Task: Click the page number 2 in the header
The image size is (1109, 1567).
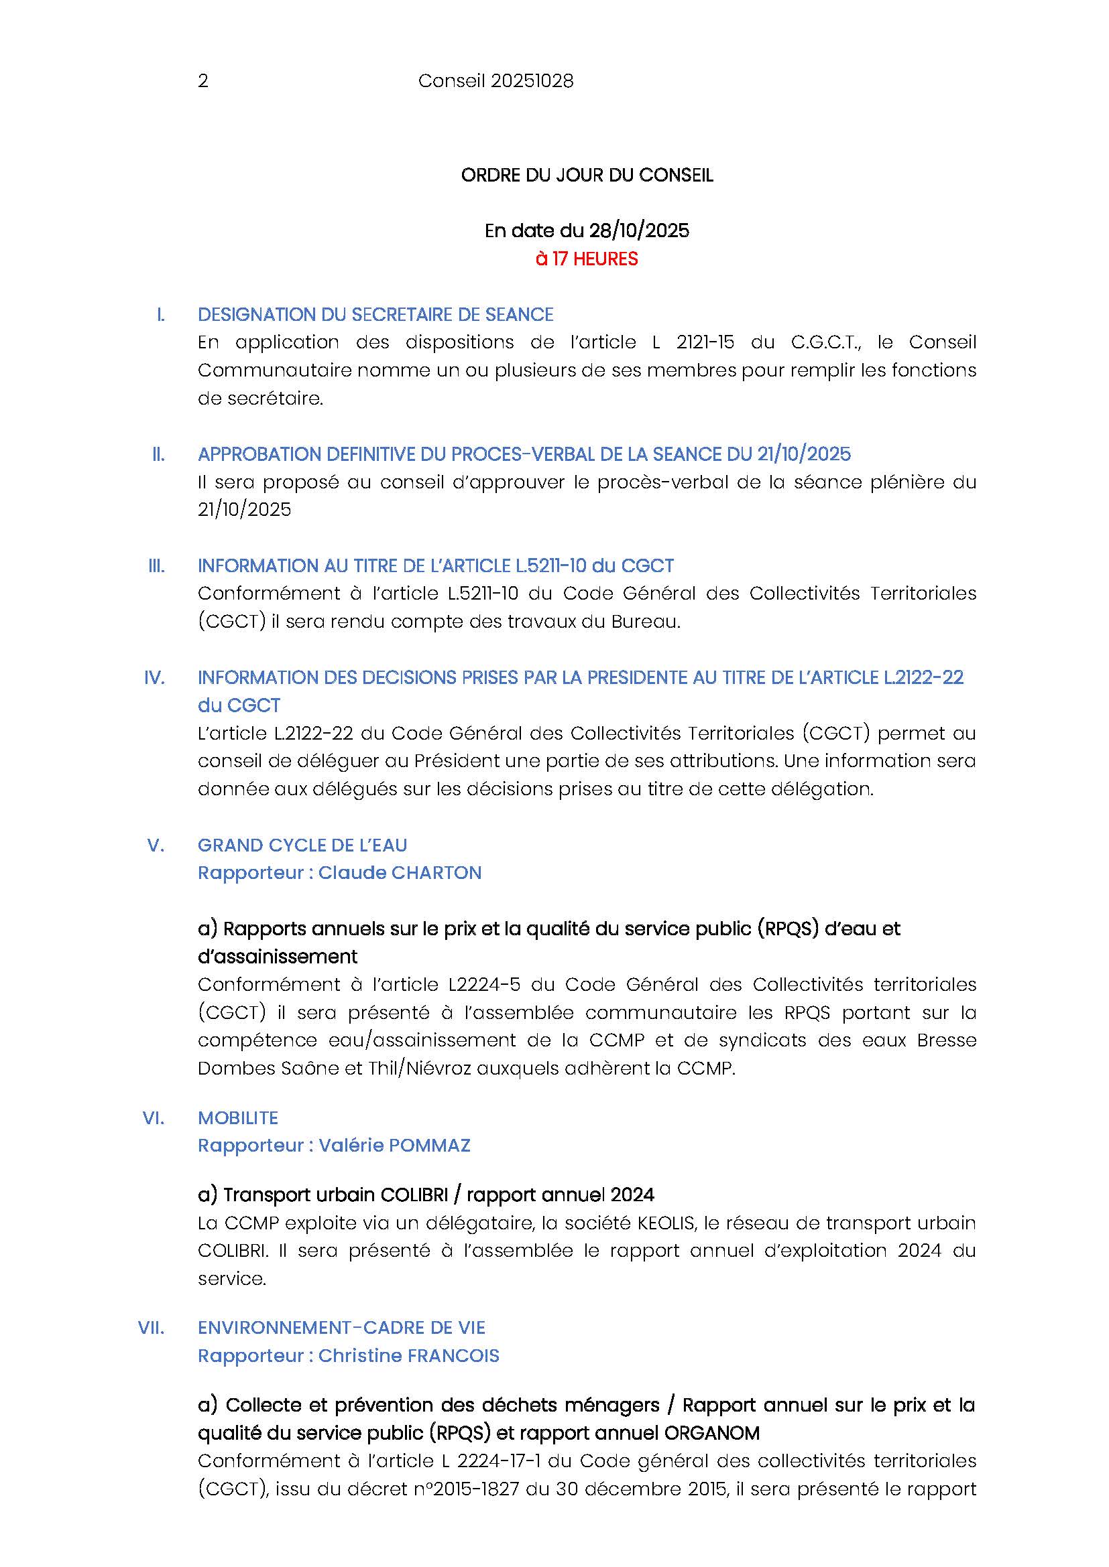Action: pyautogui.click(x=202, y=81)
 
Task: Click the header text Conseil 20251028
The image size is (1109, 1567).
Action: pyautogui.click(x=495, y=81)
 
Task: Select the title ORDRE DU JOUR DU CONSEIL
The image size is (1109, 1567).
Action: pyautogui.click(x=587, y=176)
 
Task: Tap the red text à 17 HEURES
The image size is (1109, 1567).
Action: pyautogui.click(x=587, y=259)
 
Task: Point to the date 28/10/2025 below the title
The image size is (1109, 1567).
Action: pyautogui.click(x=639, y=230)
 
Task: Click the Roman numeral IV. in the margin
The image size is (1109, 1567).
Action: pyautogui.click(x=154, y=678)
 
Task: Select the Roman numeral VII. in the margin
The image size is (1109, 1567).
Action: pyautogui.click(x=152, y=1328)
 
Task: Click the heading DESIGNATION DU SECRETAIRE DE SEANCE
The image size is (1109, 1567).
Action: pyautogui.click(x=375, y=315)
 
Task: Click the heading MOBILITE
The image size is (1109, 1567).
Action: pyautogui.click(x=238, y=1118)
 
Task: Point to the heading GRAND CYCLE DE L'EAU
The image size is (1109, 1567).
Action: pyautogui.click(x=302, y=845)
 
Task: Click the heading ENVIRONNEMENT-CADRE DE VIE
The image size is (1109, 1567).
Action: pyautogui.click(x=341, y=1328)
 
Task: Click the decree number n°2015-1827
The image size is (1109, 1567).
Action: pyautogui.click(x=465, y=1489)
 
